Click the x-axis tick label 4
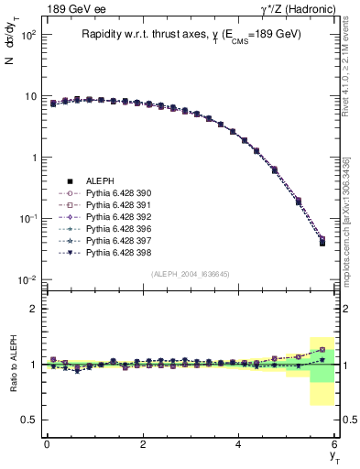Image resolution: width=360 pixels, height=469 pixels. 238,444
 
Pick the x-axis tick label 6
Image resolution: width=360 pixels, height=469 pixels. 334,444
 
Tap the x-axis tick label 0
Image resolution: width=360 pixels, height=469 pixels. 47,444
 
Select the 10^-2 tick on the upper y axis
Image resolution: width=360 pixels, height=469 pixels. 25,279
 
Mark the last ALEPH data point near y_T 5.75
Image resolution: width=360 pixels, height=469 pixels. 322,243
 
